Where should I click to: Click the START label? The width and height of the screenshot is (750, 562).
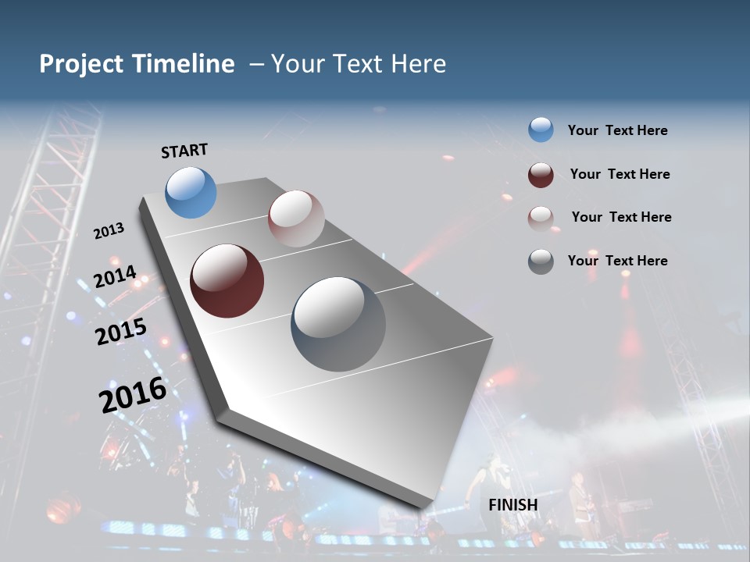[184, 150]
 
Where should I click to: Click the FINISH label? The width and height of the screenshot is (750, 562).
[512, 504]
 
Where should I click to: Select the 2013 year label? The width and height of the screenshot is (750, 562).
[109, 230]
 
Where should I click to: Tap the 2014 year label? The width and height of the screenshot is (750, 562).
[115, 276]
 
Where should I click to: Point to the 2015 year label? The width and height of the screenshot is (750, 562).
[121, 332]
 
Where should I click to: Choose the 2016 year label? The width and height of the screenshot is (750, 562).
[133, 394]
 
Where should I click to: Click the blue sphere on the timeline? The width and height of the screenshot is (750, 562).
[191, 192]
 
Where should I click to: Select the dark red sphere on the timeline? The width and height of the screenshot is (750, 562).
[227, 281]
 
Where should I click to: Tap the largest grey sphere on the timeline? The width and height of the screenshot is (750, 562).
[338, 324]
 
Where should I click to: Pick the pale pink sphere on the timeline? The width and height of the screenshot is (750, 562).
[295, 218]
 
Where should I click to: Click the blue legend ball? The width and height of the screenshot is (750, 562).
[541, 130]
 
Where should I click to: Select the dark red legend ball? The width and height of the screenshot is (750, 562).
[541, 175]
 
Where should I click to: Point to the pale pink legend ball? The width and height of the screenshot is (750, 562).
[541, 218]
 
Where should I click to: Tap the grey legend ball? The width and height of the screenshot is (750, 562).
[541, 261]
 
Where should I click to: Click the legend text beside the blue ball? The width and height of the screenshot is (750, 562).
[617, 130]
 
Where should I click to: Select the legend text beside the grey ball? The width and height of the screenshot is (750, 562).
[617, 261]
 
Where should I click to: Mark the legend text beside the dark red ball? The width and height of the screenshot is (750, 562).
[620, 174]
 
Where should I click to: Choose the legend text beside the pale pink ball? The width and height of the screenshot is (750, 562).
[621, 217]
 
